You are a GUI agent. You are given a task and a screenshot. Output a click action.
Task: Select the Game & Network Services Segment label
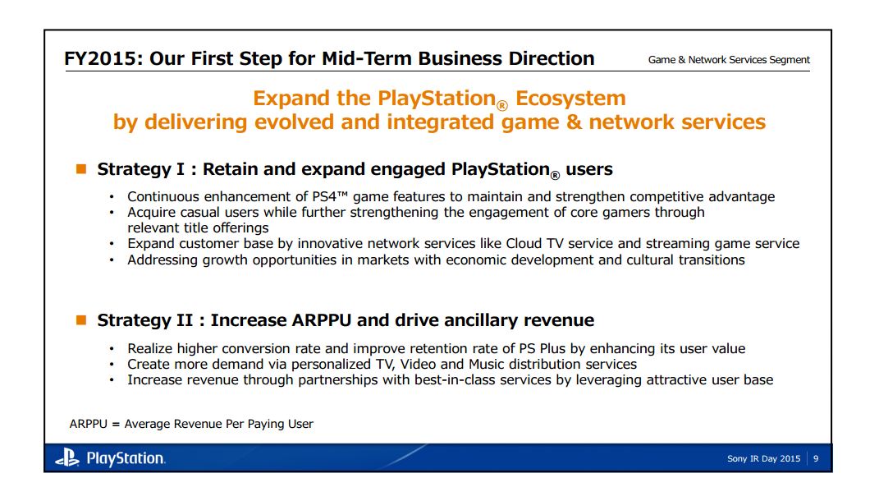tap(729, 60)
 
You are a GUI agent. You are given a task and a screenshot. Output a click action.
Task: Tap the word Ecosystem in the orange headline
tap(570, 99)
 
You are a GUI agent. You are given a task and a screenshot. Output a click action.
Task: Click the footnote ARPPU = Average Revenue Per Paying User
tap(191, 424)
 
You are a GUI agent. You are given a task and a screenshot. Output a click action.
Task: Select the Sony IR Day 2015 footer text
tap(763, 459)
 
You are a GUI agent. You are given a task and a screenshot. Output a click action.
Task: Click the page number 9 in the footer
tap(815, 459)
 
